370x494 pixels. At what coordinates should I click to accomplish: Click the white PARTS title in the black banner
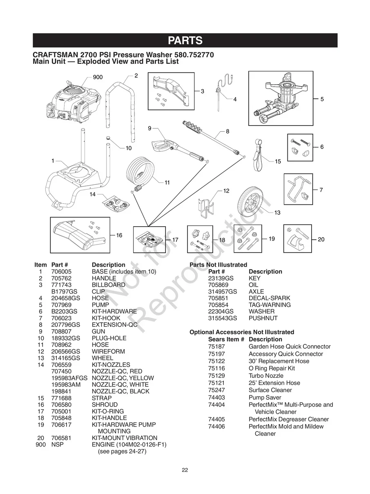185,40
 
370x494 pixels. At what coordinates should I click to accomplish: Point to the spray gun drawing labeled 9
172,147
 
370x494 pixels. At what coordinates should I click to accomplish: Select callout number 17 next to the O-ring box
175,240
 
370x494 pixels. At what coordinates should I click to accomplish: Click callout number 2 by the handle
136,76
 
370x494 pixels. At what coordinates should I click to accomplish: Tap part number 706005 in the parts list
61,272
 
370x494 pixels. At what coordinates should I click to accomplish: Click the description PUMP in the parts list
100,305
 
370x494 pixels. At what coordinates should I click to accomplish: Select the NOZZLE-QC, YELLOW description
123,378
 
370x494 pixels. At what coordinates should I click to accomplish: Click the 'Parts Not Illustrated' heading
218,265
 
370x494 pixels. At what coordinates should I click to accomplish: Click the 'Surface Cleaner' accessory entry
270,390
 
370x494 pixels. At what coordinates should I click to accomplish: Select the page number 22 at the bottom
185,470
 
